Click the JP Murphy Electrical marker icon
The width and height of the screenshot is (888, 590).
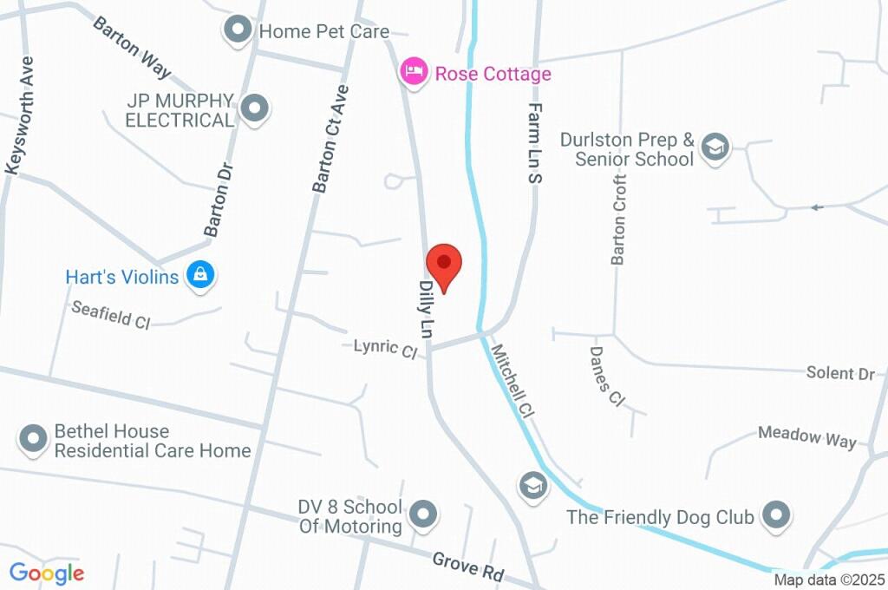254,109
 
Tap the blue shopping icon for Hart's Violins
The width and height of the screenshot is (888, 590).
200,276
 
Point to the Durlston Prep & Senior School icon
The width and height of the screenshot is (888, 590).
715,147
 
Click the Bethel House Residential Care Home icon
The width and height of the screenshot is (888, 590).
34,439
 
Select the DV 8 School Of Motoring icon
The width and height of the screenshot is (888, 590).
422,514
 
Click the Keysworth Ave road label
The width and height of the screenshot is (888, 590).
20,116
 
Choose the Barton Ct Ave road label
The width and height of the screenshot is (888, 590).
330,139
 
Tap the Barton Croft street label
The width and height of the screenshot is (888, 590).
618,219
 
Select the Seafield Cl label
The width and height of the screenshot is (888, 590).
111,314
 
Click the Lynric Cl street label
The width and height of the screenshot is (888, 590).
385,348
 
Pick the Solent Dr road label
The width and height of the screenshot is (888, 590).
840,373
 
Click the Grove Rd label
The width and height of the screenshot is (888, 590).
468,569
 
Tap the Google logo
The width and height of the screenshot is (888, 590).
47,573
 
